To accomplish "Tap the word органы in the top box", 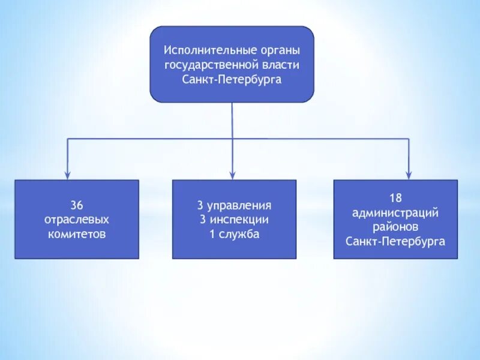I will point(279,50).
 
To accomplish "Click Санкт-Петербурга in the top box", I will point(232,79).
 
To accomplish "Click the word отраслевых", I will point(77,220).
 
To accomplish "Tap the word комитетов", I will point(77,234).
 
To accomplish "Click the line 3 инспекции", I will point(235,220).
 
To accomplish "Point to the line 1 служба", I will point(235,234).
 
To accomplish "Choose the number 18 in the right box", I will point(395,197).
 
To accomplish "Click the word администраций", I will point(395,212).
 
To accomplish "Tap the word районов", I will point(395,227).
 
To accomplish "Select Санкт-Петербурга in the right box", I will point(395,241).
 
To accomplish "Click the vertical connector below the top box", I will point(233,120).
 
